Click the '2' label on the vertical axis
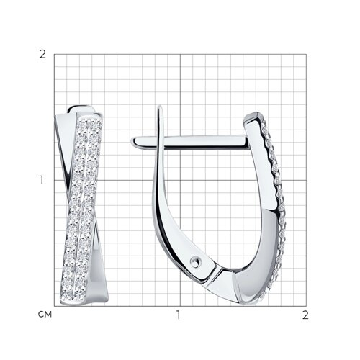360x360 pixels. [x=42, y=55]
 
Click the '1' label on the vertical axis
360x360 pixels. [x=42, y=180]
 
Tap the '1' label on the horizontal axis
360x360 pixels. [x=178, y=315]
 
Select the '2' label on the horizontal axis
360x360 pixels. [x=305, y=315]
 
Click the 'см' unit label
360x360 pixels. [x=45, y=315]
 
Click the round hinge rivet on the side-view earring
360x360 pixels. [x=194, y=262]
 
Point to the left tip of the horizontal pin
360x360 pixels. [x=132, y=142]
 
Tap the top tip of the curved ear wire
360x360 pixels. [x=160, y=107]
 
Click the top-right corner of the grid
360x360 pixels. [x=306, y=54]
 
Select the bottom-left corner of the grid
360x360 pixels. [x=54, y=306]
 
